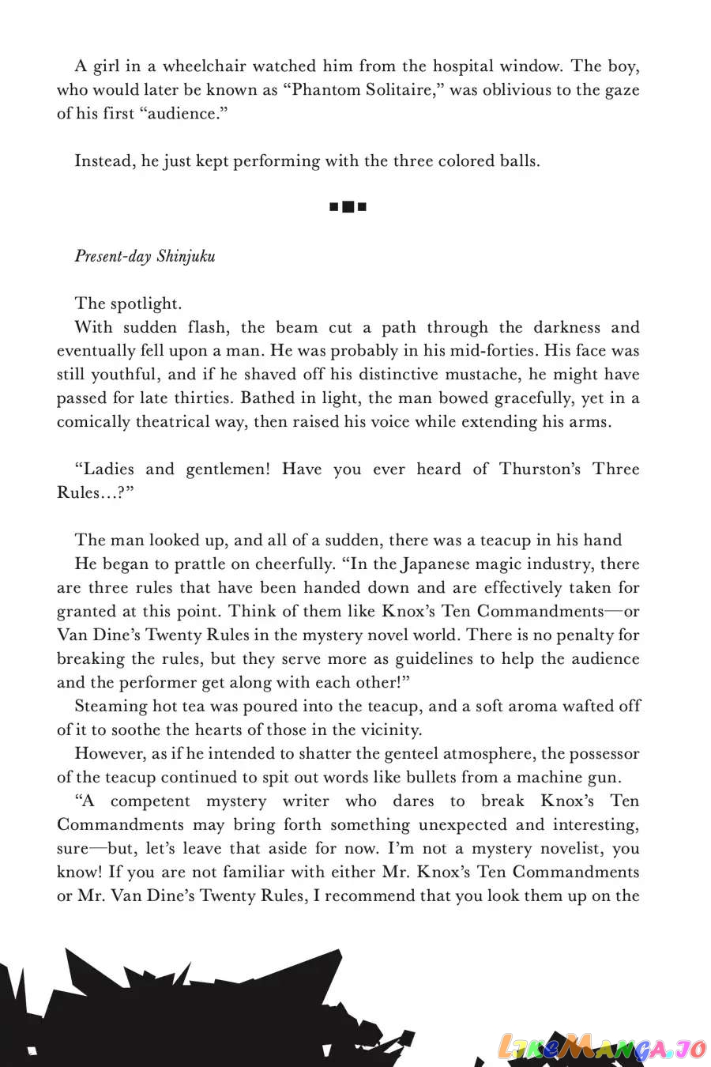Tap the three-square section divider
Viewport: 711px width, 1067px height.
(348, 208)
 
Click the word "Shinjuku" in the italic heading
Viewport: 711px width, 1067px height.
(186, 256)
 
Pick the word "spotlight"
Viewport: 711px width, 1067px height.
(146, 304)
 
